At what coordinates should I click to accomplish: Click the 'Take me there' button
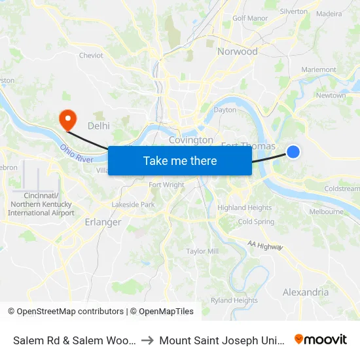[x=180, y=160]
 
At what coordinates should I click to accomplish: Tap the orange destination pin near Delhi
[x=67, y=118]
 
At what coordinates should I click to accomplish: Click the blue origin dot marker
[x=293, y=152]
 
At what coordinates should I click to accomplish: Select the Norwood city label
[x=237, y=52]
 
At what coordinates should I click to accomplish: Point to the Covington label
[x=191, y=140]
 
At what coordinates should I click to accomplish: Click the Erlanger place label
[x=103, y=223]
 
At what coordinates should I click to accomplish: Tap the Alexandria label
[x=306, y=292]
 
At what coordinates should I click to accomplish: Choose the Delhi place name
[x=98, y=125]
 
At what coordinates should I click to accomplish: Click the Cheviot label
[x=91, y=56]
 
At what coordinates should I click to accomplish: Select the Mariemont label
[x=318, y=70]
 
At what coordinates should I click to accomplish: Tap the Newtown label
[x=331, y=96]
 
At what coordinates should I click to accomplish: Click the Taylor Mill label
[x=202, y=251]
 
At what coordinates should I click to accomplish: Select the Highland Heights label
[x=245, y=207]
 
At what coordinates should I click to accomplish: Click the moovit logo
[x=321, y=339]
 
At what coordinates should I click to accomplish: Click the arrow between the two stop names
[x=147, y=340]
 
